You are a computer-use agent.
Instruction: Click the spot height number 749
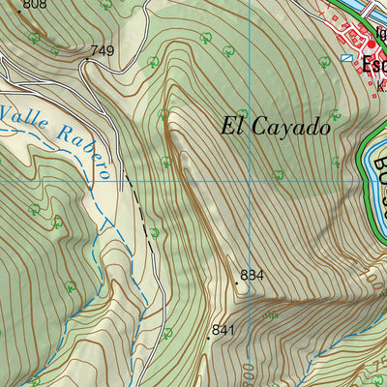point(102,50)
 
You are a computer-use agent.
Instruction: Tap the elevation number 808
point(33,5)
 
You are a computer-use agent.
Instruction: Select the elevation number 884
point(252,275)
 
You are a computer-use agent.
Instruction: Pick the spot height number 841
point(223,330)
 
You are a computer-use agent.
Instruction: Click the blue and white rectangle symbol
point(345,58)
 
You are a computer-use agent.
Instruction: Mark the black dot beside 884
point(236,283)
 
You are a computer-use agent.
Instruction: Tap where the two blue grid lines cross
point(249,180)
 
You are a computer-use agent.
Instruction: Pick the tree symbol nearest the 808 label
point(35,37)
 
